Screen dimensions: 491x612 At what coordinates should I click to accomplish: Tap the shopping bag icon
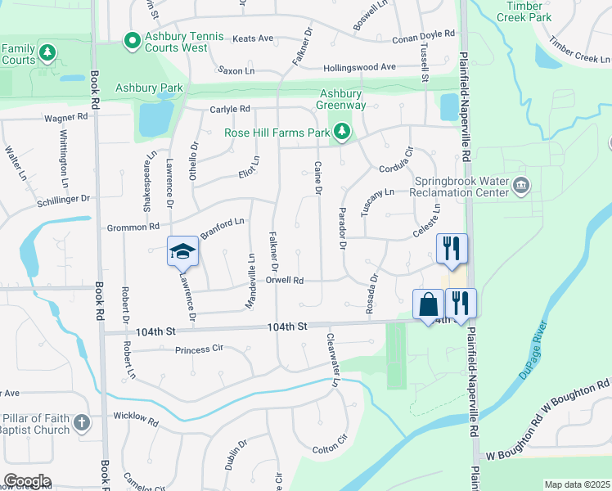click(x=428, y=305)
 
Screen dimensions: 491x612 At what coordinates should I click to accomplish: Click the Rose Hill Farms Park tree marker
click(x=341, y=132)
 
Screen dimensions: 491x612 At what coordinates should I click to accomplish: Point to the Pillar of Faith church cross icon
click(x=80, y=422)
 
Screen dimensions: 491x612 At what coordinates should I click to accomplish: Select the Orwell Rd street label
click(x=285, y=280)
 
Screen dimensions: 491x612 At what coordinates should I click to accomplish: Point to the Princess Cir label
click(x=199, y=350)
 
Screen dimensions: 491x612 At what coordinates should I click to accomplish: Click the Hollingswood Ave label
click(x=359, y=67)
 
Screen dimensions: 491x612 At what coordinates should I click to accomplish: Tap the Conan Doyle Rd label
click(x=422, y=34)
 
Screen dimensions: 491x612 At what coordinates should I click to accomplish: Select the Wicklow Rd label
click(x=136, y=418)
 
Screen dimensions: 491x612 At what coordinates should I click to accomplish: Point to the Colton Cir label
click(x=331, y=448)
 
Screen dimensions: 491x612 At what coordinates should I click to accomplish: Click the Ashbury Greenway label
click(x=340, y=98)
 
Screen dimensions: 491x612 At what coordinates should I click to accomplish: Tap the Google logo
click(x=27, y=481)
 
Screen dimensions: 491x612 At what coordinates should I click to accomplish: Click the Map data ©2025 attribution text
click(x=577, y=484)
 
